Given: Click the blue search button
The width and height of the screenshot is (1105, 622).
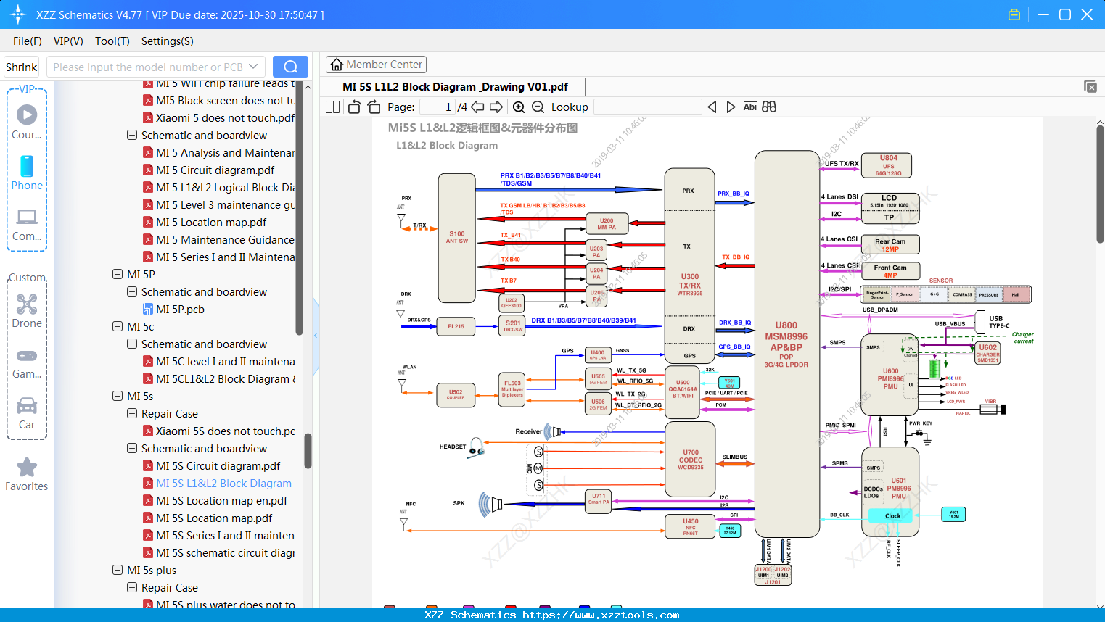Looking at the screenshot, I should click(290, 67).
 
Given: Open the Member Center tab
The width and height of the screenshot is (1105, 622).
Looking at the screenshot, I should click(376, 65).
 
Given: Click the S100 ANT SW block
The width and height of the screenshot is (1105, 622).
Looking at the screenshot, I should click(457, 238).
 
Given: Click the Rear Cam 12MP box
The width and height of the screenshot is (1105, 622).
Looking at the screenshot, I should click(890, 245).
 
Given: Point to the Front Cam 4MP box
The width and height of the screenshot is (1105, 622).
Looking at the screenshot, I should click(890, 271).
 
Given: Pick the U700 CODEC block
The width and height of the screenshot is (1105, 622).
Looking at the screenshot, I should click(690, 460).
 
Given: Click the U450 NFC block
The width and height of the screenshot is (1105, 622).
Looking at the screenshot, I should click(690, 526).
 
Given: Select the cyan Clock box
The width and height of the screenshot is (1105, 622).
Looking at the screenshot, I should click(892, 516).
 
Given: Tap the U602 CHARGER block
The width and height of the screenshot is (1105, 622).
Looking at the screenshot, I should click(987, 353).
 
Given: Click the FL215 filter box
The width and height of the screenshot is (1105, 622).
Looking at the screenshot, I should click(456, 327).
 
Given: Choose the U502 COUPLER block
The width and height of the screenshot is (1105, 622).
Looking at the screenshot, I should click(456, 394).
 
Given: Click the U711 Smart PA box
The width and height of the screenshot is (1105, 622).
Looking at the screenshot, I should click(599, 499).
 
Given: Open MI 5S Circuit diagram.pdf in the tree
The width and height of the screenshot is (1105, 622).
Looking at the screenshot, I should click(218, 466).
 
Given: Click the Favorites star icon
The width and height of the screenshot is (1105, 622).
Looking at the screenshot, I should click(27, 468).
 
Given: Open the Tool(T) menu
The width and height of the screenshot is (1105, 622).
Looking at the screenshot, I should click(112, 41).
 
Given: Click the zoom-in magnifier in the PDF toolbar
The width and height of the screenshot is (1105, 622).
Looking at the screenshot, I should click(519, 107).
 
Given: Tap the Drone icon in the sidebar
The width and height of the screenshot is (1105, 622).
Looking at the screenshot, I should click(27, 305).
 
